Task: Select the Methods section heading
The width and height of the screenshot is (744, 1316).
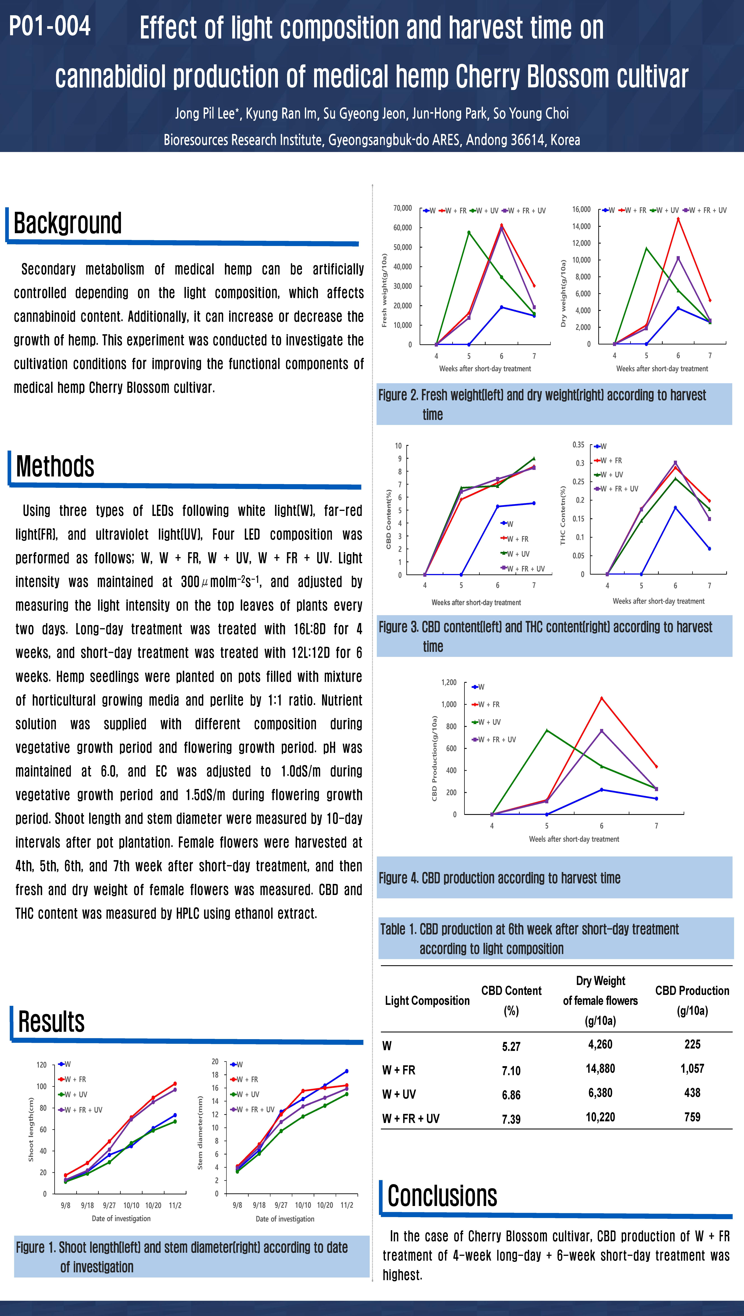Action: [x=55, y=466]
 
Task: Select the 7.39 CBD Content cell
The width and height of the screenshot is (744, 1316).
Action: [x=511, y=1119]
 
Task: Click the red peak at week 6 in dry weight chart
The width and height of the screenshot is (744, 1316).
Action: [x=678, y=219]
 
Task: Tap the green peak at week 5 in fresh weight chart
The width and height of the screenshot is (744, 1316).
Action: [x=469, y=232]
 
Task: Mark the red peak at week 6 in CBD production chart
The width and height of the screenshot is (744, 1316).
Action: [x=601, y=698]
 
